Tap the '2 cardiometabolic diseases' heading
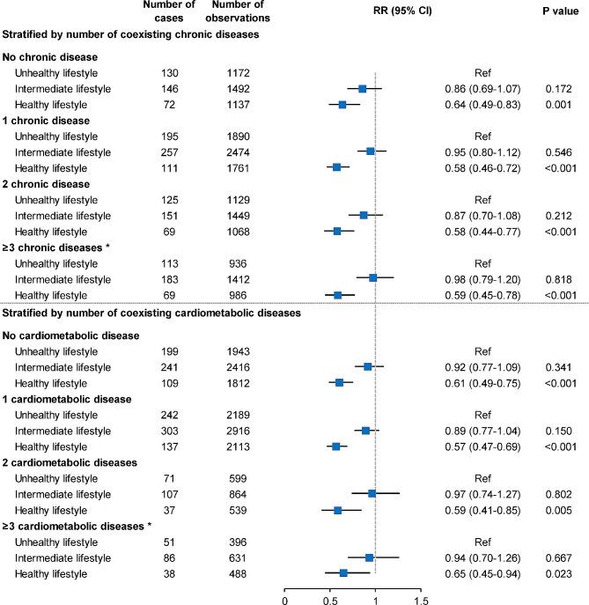tap(65, 462)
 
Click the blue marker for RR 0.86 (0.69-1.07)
tap(362, 88)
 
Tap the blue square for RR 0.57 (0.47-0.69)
tap(335, 446)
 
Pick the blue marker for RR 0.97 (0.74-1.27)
tap(372, 494)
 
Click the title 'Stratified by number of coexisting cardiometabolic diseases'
tap(152, 313)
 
